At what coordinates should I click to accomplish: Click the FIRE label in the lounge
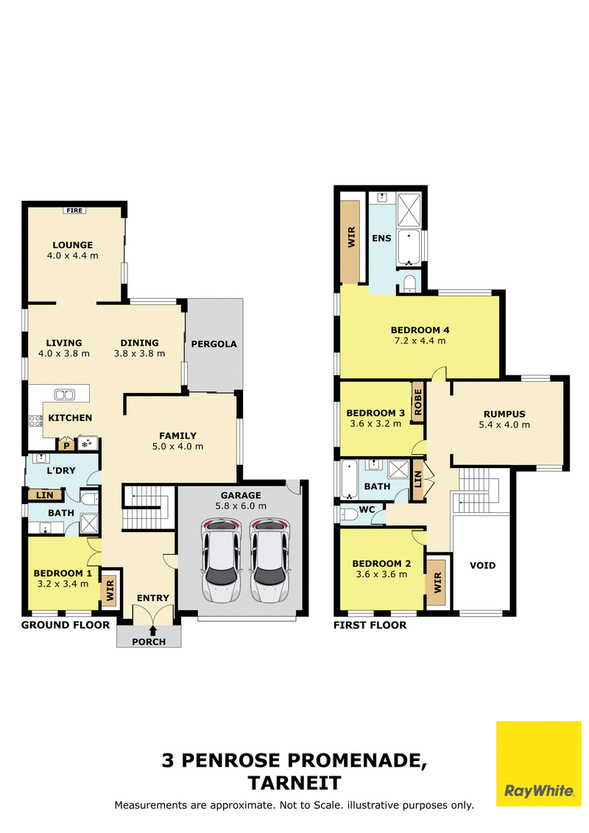(74, 210)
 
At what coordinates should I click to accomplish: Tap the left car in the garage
(221, 561)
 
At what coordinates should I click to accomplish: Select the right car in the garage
(269, 561)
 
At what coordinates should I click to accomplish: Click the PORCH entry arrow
(153, 631)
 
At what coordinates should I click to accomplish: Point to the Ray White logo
(538, 763)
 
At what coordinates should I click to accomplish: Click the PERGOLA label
(214, 344)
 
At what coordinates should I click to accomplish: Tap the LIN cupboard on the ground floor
(45, 495)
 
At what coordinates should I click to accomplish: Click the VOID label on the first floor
(483, 565)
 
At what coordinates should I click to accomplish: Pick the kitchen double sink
(64, 394)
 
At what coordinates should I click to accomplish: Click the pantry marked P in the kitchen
(66, 444)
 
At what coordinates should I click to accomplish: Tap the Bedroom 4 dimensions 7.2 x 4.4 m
(420, 341)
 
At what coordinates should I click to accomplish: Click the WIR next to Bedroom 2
(437, 582)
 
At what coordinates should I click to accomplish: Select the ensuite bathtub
(409, 247)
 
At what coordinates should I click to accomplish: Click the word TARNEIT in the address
(294, 783)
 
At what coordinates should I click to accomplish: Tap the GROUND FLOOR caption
(66, 625)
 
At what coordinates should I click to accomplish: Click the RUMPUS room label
(504, 414)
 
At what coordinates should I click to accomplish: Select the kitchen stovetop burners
(35, 421)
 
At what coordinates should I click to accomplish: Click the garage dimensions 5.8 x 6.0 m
(241, 506)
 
